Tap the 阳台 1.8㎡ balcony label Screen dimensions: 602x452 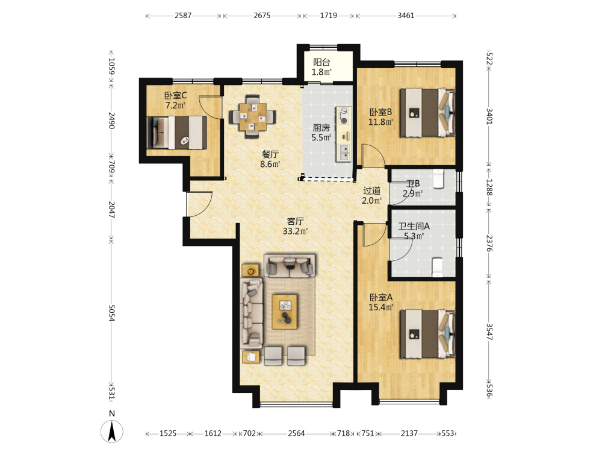(x=321, y=67)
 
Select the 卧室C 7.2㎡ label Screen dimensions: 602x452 (x=175, y=100)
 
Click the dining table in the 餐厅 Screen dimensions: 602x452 (x=253, y=116)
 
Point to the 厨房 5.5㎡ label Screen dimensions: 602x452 (x=321, y=132)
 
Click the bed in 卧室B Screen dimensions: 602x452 (x=427, y=113)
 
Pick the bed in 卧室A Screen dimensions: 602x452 (x=427, y=334)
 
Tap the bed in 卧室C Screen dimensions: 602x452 (x=177, y=133)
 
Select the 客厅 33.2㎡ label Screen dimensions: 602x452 (x=295, y=226)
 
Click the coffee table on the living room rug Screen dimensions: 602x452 (x=285, y=312)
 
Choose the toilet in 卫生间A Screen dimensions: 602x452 (x=437, y=268)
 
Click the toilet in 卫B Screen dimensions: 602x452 (x=438, y=179)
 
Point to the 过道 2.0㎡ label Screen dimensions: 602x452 (x=371, y=195)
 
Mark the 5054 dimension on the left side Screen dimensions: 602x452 (x=111, y=313)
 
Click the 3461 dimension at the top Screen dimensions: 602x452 (x=406, y=16)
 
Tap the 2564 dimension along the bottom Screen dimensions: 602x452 (x=296, y=433)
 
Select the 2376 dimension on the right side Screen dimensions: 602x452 (x=489, y=243)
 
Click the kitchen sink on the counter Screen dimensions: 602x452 (x=344, y=152)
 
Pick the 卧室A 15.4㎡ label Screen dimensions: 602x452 (x=381, y=302)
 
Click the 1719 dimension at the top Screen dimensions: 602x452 (x=329, y=16)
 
